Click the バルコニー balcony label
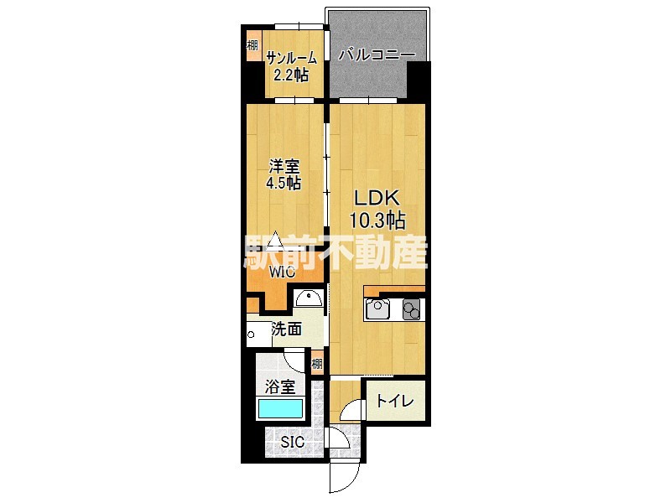coord(377,55)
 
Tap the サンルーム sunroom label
coord(291,58)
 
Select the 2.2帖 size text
coord(291,75)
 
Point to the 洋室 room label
coord(283,165)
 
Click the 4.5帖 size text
coord(283,183)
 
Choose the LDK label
coord(377,198)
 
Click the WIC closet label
coord(282,272)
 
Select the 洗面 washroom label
coord(287,329)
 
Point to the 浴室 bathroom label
coord(280,387)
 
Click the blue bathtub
coord(280,408)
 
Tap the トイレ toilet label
coord(395,402)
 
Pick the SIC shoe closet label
coord(292,442)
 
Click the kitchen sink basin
coord(377,309)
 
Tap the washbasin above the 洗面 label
coord(309,298)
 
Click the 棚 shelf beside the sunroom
coord(253,45)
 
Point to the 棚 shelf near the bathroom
coord(317,364)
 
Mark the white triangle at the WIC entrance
coord(275,239)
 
